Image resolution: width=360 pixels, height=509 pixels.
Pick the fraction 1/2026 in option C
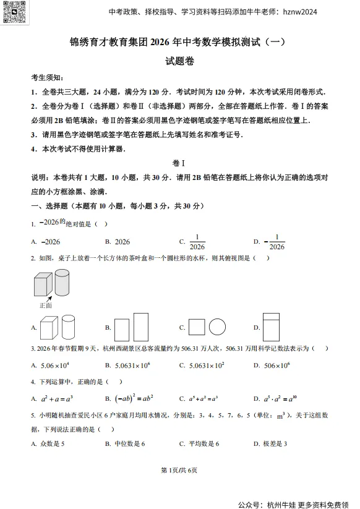coord(197,242)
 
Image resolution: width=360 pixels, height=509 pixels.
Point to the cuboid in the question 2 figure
coord(43,285)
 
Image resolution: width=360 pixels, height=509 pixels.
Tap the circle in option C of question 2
coord(218,327)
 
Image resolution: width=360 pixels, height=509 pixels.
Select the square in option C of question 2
coord(197,327)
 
